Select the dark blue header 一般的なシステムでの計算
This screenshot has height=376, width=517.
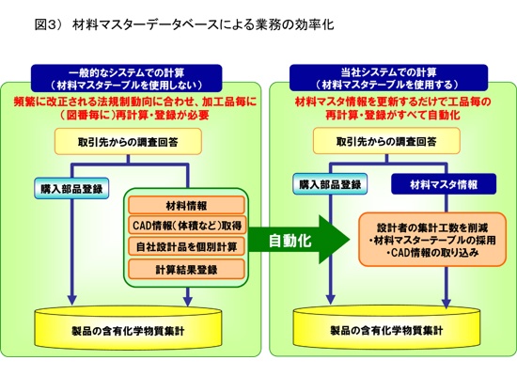pos(127,78)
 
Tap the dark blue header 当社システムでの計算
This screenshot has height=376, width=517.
pos(388,78)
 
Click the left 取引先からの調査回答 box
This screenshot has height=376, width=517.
pos(128,142)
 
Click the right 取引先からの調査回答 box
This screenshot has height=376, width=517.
pos(386,141)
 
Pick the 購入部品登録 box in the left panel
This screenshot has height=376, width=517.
pos(71,188)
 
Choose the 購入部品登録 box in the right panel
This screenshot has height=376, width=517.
pos(330,183)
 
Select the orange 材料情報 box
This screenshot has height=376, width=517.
pos(186,206)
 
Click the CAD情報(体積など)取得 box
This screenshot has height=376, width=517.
pos(186,226)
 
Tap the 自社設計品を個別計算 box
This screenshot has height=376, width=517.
pos(186,246)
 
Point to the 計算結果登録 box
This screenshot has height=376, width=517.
pos(186,269)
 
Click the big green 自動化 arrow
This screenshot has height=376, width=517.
pos(298,240)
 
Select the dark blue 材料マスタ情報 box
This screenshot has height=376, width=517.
pos(444,184)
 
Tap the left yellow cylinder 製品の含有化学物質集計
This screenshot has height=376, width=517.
pos(128,328)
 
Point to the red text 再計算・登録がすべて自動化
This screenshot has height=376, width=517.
pos(392,115)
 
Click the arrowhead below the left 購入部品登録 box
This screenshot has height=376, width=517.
pos(71,299)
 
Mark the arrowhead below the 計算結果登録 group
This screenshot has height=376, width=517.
pos(188,301)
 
